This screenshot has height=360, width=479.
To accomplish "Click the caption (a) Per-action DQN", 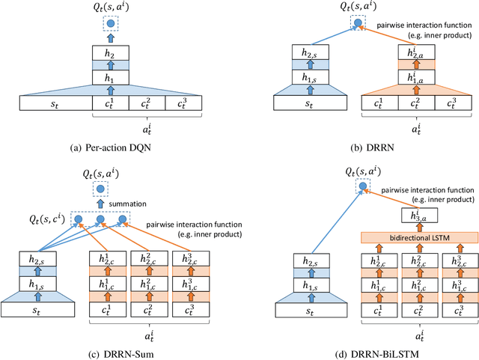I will point(111,146).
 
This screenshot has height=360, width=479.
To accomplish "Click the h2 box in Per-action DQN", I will point(111,53).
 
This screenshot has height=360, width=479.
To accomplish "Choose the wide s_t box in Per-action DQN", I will point(54,104).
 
